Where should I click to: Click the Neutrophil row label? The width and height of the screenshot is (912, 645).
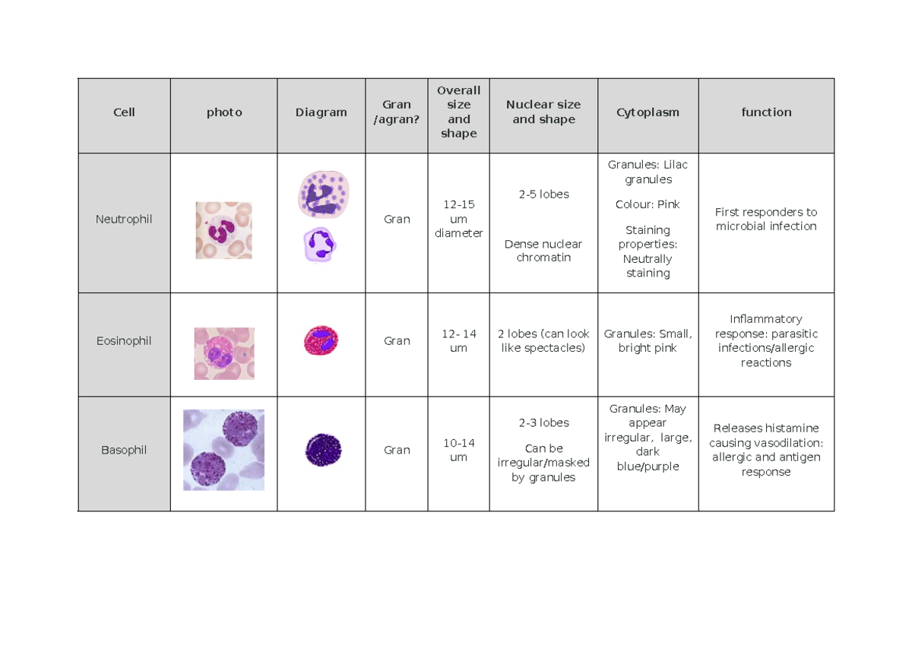(x=124, y=219)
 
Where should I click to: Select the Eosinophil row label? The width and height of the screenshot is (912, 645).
(x=124, y=341)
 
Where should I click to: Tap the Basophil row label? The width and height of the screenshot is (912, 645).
(x=124, y=450)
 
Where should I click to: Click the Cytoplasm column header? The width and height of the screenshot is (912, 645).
(x=648, y=112)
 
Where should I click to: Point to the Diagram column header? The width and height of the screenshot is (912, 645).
(x=321, y=112)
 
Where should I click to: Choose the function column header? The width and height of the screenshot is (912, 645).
(x=766, y=112)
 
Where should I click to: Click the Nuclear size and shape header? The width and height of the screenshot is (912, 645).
(x=543, y=112)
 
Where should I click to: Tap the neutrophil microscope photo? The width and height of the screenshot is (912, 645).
(x=223, y=230)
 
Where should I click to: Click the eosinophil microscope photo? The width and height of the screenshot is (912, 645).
(x=224, y=353)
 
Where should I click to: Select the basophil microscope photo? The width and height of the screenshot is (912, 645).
(x=223, y=450)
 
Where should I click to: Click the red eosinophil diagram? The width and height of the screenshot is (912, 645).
(x=321, y=340)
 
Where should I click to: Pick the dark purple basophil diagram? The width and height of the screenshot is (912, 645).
(x=323, y=450)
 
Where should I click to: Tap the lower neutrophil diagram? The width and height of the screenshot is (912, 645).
(x=320, y=245)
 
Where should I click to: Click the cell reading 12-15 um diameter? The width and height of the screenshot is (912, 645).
(x=458, y=219)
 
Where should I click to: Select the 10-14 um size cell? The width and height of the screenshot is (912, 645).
(x=458, y=450)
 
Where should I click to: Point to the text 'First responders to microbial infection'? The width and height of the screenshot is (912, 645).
(x=766, y=219)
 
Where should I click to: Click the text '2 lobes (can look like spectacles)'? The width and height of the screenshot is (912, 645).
(x=543, y=341)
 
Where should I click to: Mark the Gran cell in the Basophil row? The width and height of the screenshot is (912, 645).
(x=397, y=450)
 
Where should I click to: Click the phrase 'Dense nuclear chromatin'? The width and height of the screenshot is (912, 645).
(x=543, y=251)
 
